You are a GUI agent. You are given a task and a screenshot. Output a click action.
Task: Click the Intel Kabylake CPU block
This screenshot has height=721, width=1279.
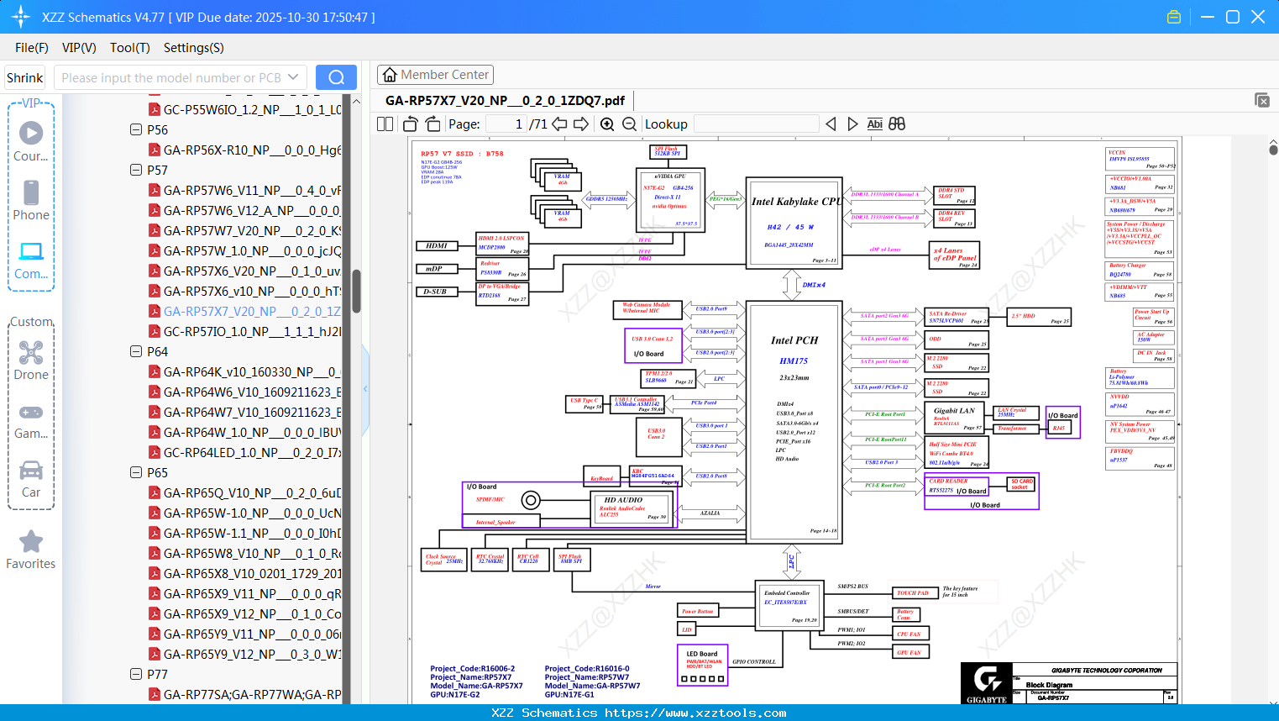click(794, 222)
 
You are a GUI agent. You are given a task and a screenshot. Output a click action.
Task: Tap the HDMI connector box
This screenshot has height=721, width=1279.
click(437, 246)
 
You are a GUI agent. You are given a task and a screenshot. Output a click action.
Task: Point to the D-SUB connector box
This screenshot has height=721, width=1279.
click(435, 292)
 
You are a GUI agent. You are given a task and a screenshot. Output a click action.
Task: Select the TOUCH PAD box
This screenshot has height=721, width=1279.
click(913, 593)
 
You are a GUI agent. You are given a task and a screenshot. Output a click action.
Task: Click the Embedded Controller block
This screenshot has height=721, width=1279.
click(787, 603)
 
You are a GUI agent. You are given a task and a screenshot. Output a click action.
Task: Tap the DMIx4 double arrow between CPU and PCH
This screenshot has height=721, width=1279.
click(792, 285)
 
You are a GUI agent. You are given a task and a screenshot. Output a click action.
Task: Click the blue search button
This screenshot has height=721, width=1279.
click(336, 77)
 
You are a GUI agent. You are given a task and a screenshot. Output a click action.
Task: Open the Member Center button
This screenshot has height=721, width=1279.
click(435, 75)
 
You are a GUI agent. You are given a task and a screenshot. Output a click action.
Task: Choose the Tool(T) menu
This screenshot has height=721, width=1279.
click(129, 48)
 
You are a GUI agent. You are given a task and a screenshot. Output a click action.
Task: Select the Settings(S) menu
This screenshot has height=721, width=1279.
click(193, 48)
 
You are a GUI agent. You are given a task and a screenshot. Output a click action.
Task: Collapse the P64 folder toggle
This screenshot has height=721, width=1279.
click(136, 352)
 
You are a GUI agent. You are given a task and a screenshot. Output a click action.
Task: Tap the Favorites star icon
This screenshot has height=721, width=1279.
click(31, 542)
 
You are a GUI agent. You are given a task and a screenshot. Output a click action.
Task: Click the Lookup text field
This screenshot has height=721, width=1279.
click(756, 124)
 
